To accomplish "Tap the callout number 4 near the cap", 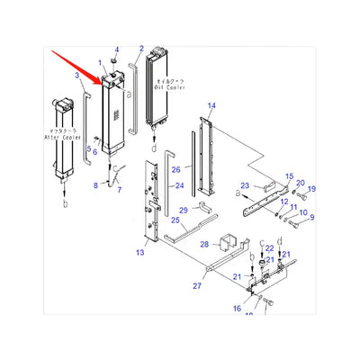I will click(115, 48).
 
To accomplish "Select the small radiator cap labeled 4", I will click(114, 62).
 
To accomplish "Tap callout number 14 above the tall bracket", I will click(211, 106).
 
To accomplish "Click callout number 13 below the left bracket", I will click(139, 254).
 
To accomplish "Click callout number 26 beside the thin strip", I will click(176, 169).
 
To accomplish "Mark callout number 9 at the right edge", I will click(311, 217).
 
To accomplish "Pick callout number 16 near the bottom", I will click(237, 308).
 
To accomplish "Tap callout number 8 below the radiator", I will click(96, 185).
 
